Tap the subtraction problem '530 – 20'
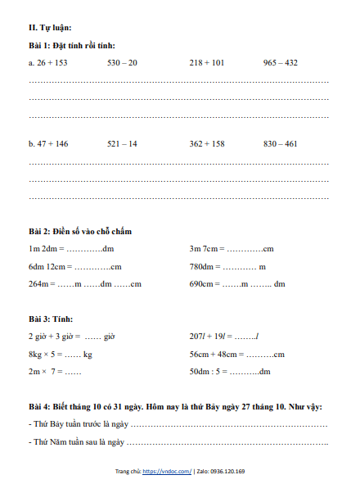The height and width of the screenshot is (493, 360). pyautogui.click(x=122, y=62)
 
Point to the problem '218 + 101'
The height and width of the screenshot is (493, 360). pyautogui.click(x=206, y=62)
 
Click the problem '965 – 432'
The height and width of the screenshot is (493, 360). pyautogui.click(x=280, y=62)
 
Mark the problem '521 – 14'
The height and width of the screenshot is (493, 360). pyautogui.click(x=122, y=143)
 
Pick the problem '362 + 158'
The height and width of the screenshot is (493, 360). pyautogui.click(x=206, y=143)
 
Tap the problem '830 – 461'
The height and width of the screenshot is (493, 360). pyautogui.click(x=280, y=143)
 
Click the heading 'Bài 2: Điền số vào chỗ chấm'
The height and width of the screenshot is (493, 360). pyautogui.click(x=79, y=232)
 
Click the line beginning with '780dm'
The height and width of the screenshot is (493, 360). pyautogui.click(x=227, y=266)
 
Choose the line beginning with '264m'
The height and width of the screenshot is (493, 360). pyautogui.click(x=85, y=284)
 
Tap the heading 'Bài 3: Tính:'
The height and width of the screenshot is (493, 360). pyautogui.click(x=51, y=318)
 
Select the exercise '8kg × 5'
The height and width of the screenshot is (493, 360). pyautogui.click(x=60, y=355)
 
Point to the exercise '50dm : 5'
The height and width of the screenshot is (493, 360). pyautogui.click(x=230, y=372)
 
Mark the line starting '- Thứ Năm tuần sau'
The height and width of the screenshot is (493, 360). pyautogui.click(x=178, y=442)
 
